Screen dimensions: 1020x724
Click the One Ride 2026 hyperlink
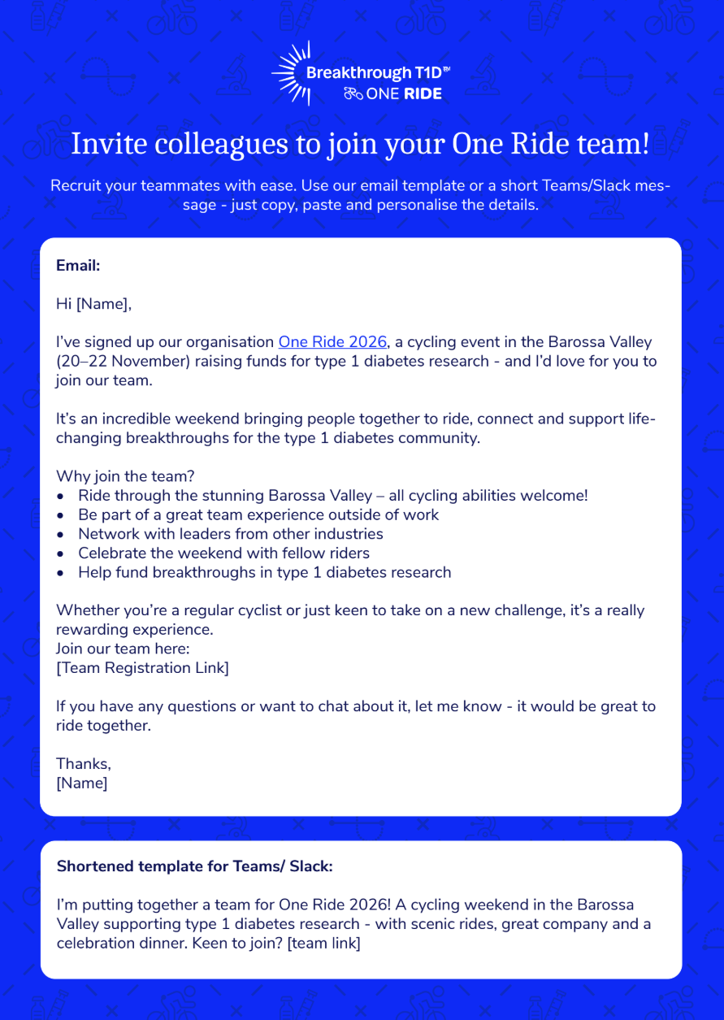(333, 342)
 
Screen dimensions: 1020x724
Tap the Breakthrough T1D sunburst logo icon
(291, 74)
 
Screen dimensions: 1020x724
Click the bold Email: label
(78, 266)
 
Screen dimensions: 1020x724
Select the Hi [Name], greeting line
(93, 304)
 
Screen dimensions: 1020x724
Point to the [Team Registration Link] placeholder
(142, 667)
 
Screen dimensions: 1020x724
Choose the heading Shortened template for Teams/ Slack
(195, 866)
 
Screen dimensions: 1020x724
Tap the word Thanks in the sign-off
(83, 764)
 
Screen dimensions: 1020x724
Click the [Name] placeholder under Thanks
(81, 783)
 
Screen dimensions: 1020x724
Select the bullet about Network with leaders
(230, 534)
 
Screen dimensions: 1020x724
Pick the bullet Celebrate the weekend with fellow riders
(223, 553)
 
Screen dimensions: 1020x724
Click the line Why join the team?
(125, 476)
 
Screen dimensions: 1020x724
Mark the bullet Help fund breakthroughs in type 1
(264, 572)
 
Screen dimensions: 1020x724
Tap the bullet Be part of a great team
(258, 514)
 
